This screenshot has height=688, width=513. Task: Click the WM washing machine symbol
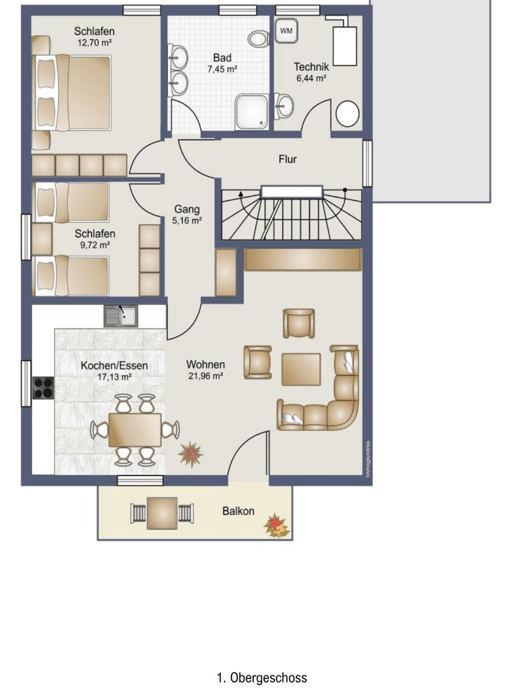[x=286, y=31]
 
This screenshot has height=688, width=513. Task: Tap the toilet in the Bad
[x=258, y=38]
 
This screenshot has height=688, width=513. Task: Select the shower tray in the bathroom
[x=251, y=112]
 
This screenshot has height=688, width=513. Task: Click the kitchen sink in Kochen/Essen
[x=120, y=316]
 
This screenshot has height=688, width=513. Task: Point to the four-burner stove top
[x=43, y=388]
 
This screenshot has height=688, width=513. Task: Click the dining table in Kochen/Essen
[x=134, y=430]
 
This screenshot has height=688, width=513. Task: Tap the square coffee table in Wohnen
[x=301, y=369]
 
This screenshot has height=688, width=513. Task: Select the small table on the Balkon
[x=162, y=513]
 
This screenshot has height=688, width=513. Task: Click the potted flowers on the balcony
[x=276, y=526]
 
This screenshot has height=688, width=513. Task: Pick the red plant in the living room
[x=191, y=454]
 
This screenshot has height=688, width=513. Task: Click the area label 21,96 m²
[x=206, y=376]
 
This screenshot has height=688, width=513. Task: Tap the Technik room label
[x=311, y=66]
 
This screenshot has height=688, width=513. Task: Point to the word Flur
[x=288, y=159]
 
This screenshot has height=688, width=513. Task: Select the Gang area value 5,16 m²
[x=187, y=220]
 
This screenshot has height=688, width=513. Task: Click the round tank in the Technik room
[x=348, y=113]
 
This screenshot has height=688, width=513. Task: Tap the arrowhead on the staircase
[x=241, y=192]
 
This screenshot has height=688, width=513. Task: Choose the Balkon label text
[x=238, y=511]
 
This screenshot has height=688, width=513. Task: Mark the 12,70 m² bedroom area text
[x=94, y=43]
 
